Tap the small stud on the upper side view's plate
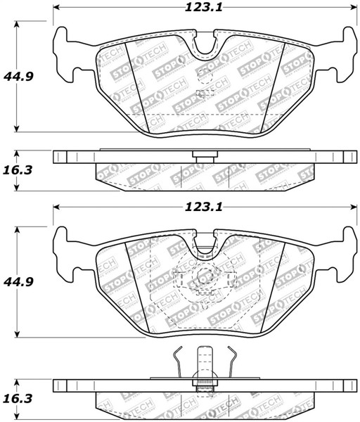203,157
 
